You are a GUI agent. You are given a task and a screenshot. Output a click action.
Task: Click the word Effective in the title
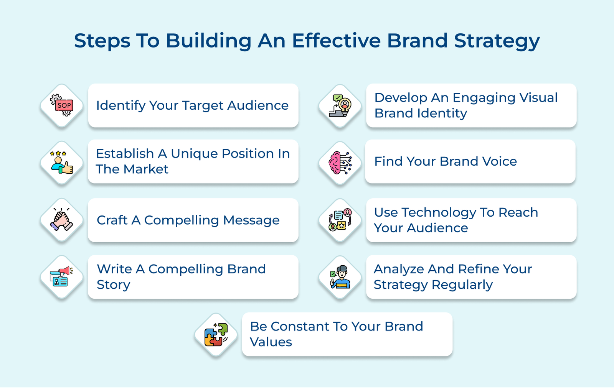point(336,41)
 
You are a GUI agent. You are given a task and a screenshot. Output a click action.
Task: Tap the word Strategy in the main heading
point(497,41)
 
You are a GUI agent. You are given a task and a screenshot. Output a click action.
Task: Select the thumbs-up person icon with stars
point(62,163)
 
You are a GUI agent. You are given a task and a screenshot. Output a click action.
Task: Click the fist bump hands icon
point(62,220)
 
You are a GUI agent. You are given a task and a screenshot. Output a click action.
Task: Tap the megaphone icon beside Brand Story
point(62,277)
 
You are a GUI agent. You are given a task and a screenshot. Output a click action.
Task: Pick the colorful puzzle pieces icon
point(216,335)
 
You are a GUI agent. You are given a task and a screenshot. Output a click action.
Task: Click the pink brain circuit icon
point(340,163)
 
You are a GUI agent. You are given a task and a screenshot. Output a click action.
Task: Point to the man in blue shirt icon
point(340,277)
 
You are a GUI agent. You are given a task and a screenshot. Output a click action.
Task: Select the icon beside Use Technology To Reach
point(340,220)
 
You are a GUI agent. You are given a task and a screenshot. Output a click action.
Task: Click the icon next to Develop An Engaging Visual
point(340,106)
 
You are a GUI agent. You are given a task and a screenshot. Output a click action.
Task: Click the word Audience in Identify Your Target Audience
point(257,105)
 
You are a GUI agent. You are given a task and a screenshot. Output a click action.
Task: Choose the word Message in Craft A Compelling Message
point(251,220)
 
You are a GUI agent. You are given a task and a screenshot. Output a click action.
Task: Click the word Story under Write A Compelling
point(113,285)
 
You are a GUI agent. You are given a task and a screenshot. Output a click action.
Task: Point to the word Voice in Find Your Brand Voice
point(499,161)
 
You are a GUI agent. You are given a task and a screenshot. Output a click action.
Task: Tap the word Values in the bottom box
point(271,342)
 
